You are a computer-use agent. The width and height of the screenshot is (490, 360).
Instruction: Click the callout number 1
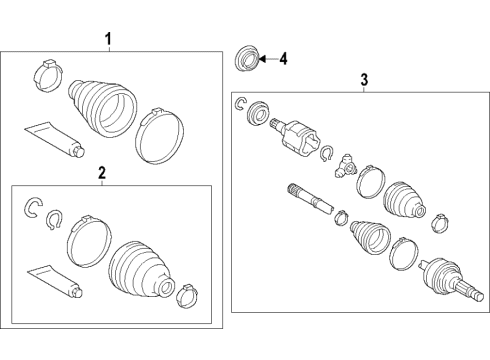109,39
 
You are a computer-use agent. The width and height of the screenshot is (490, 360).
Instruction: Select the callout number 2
100,174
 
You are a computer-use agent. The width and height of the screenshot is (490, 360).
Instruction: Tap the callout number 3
364,79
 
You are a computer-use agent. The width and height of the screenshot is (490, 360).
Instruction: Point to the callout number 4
283,59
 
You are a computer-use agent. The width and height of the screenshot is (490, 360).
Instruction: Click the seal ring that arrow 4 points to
243,58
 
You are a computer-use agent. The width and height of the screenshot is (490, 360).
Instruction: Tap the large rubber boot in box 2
141,270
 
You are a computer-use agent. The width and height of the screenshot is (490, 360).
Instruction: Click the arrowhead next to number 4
262,59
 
